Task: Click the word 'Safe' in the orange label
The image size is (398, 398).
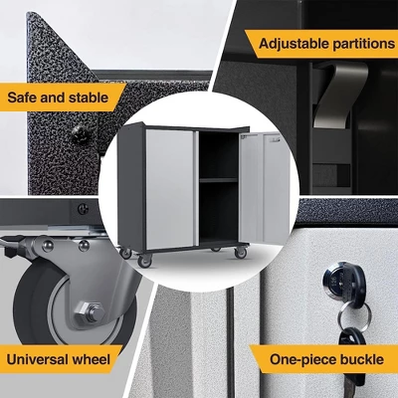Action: click(x=25, y=98)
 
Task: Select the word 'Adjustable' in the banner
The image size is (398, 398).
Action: click(x=295, y=43)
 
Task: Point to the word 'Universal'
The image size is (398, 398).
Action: click(x=42, y=356)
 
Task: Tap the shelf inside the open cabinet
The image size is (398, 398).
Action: click(x=218, y=179)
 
